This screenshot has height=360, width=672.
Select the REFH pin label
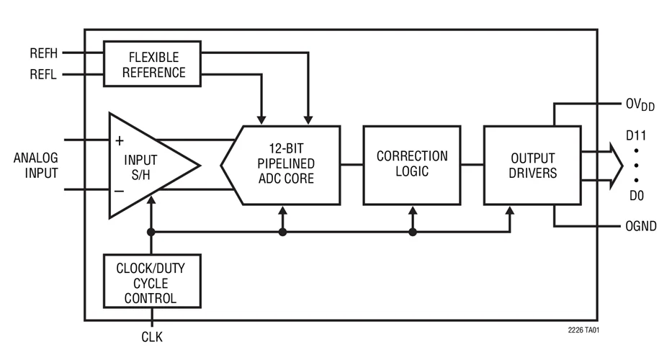click(x=43, y=53)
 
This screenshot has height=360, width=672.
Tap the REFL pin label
click(x=43, y=73)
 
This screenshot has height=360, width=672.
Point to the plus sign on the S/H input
click(x=119, y=141)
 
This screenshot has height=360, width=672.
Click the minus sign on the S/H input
click(x=119, y=191)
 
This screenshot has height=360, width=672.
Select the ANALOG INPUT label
click(x=35, y=166)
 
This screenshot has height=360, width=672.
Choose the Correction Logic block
click(x=411, y=164)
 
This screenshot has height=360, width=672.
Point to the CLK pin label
click(x=152, y=336)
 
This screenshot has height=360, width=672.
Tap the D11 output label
click(x=635, y=134)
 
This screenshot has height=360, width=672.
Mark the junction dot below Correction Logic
click(x=413, y=232)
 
